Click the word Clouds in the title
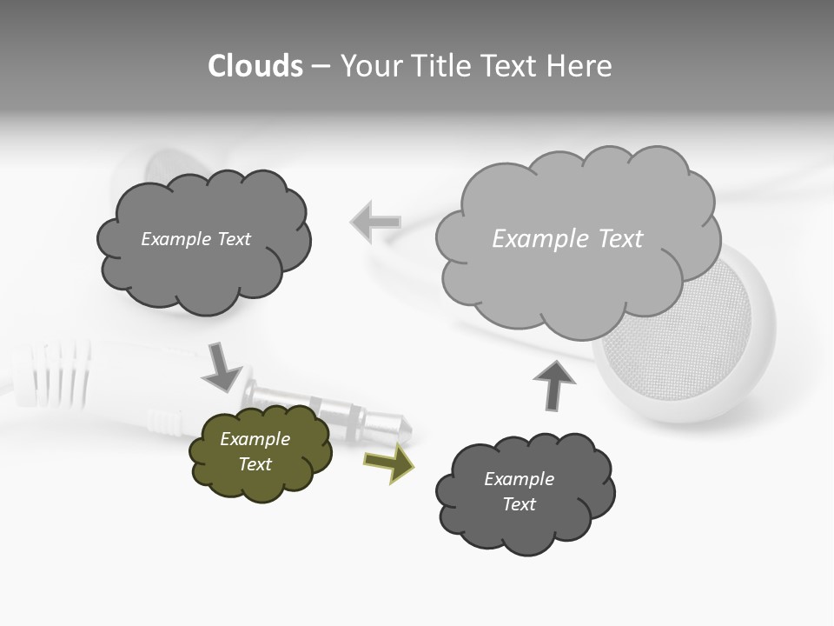pyautogui.click(x=255, y=66)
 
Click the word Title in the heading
pyautogui.click(x=443, y=66)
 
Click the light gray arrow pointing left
pyautogui.click(x=375, y=222)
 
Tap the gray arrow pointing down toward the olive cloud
pyautogui.click(x=223, y=367)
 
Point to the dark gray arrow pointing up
pyautogui.click(x=553, y=384)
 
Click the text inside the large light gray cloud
pyautogui.click(x=567, y=239)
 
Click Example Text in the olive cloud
pyautogui.click(x=255, y=451)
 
